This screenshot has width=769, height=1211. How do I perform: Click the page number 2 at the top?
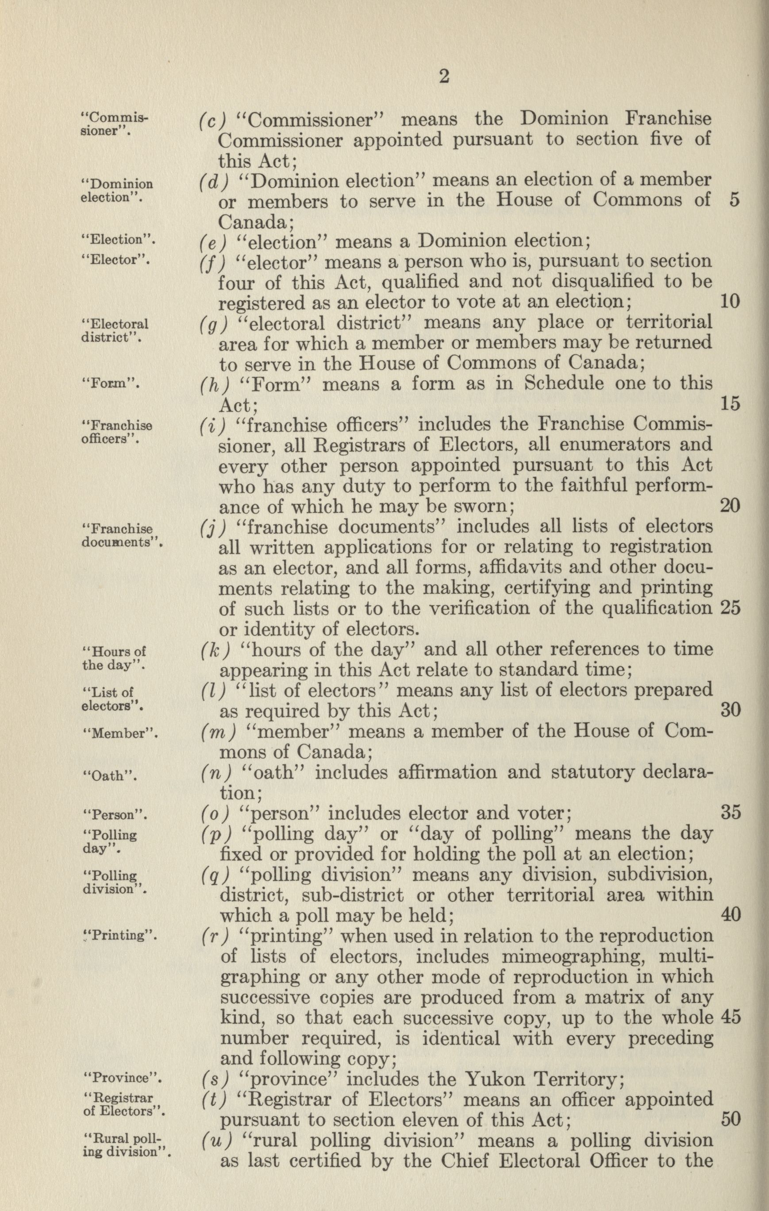tap(444, 77)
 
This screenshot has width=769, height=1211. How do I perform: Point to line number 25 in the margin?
tap(731, 608)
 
